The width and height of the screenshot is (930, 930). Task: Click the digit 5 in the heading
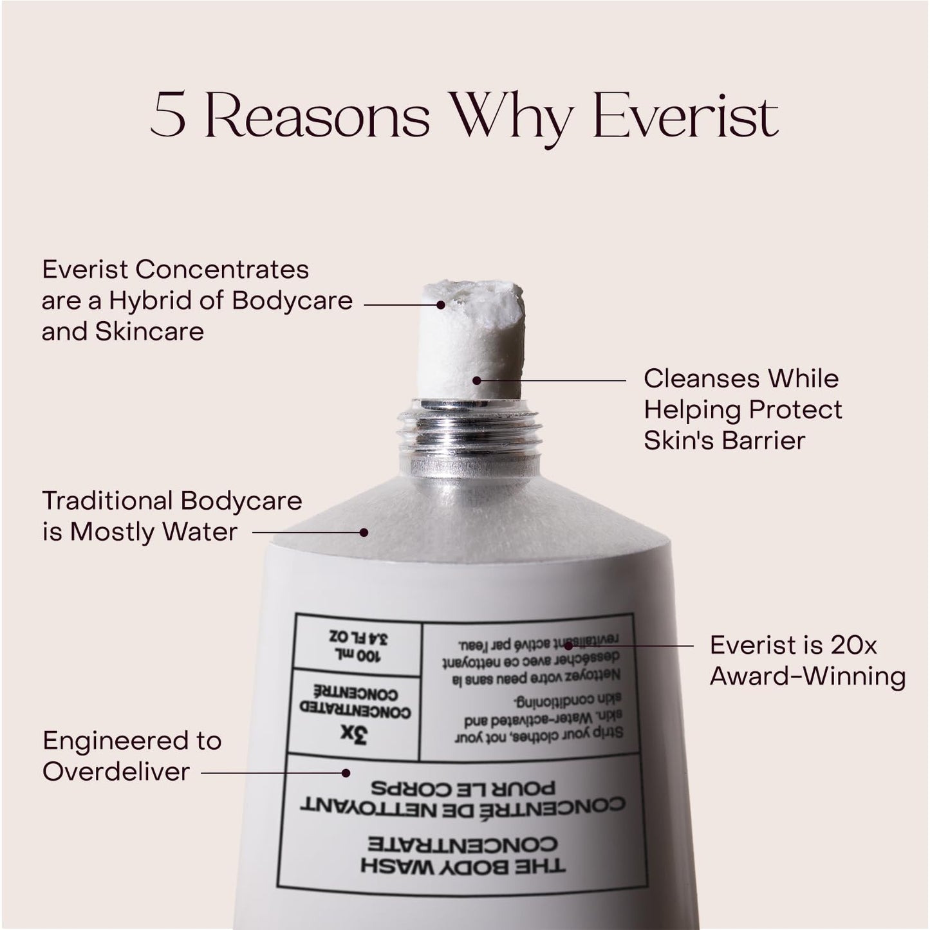[x=169, y=116]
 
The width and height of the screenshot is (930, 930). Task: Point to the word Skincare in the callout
[x=149, y=331]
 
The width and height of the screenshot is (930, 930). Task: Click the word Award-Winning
[x=808, y=676]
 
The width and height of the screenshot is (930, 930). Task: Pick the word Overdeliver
[x=116, y=771]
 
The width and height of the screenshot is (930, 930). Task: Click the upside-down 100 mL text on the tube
[x=356, y=655]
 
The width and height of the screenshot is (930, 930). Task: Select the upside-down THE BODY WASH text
[x=463, y=866]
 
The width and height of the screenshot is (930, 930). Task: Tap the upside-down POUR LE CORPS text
[x=462, y=788]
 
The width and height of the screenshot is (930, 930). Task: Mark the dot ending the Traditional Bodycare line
[x=364, y=532]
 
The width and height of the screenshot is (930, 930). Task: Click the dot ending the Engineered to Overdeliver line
[x=346, y=772]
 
